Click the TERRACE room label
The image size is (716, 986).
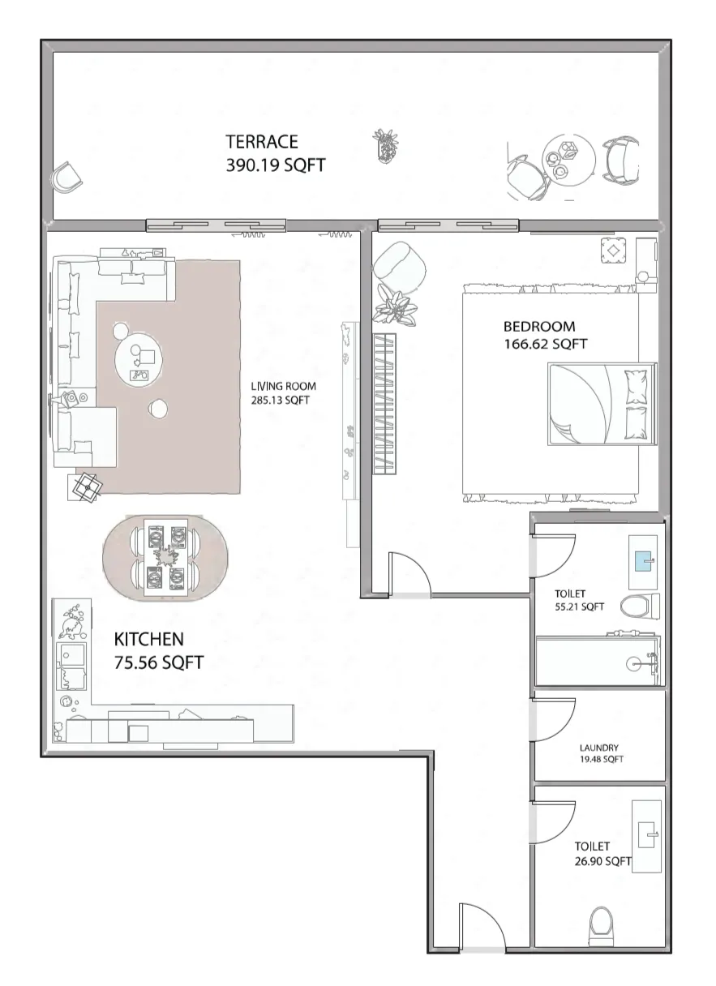(261, 142)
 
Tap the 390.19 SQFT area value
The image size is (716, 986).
(275, 165)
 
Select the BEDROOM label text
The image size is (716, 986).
(539, 327)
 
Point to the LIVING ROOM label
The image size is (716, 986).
(282, 386)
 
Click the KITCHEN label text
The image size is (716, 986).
(148, 639)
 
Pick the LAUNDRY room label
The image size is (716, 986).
(599, 748)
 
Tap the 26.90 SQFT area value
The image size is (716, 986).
(602, 861)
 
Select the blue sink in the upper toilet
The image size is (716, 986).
(644, 559)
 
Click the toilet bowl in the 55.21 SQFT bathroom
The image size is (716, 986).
(639, 606)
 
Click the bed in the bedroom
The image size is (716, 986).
(600, 404)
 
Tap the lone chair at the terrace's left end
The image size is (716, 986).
(66, 176)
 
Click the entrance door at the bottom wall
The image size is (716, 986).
(482, 927)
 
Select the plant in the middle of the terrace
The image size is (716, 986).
(386, 146)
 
